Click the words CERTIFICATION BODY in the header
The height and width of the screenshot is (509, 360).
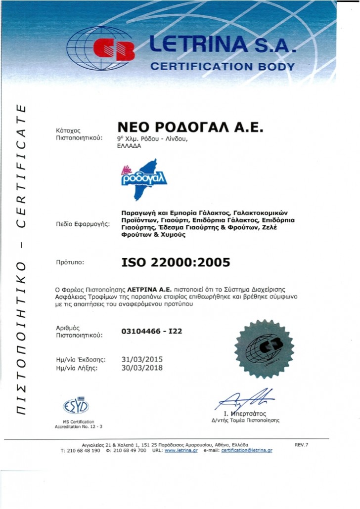(223, 66)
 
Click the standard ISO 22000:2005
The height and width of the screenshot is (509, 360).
(176, 262)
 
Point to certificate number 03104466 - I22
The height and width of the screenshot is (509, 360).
(152, 331)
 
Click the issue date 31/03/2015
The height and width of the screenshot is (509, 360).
(142, 359)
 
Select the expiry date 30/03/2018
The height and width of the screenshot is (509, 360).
(142, 368)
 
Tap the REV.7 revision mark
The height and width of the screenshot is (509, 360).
(301, 445)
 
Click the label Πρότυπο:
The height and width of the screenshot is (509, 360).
(71, 263)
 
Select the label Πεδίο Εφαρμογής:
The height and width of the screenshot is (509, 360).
(84, 224)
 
